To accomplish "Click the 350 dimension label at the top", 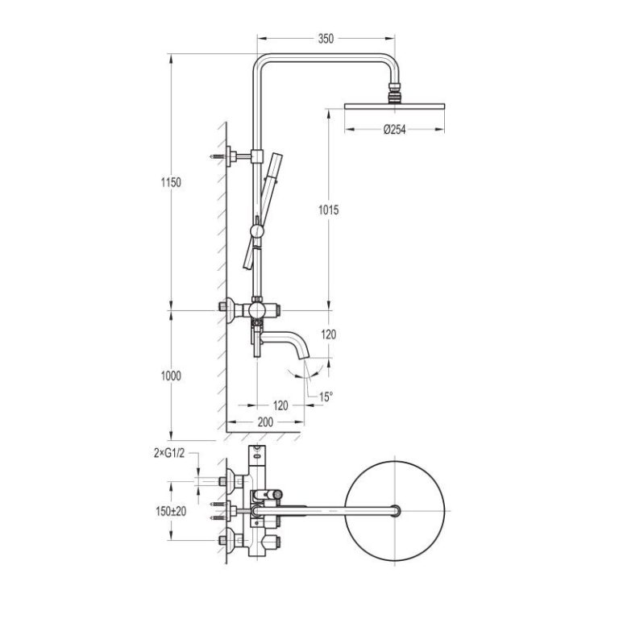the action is point(326,39).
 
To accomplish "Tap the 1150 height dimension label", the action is point(171,182).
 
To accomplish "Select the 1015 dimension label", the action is point(329,210).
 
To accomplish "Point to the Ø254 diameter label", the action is point(394,130).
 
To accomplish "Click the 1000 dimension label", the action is point(171,376).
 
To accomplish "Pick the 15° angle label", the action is point(326,397).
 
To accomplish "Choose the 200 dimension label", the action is point(265,422).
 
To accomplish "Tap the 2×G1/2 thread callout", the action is point(169,453).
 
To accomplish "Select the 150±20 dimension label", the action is point(171,511).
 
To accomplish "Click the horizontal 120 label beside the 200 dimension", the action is point(280,405).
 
